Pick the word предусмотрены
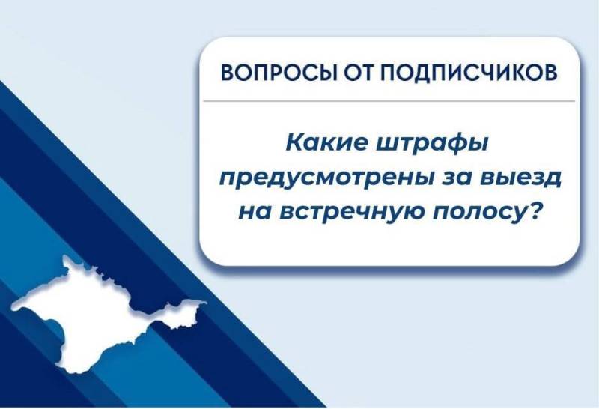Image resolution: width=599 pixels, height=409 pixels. (x=317, y=178)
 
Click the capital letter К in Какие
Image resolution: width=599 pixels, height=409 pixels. (x=295, y=142)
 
